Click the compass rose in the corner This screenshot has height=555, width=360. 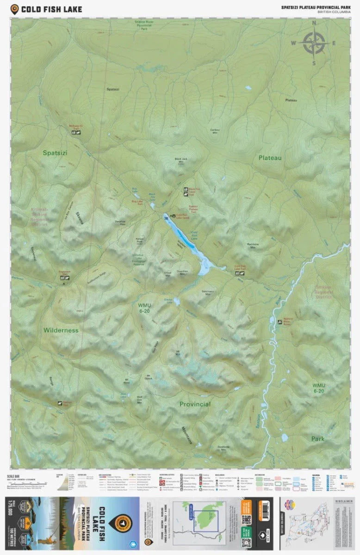coord(313,43)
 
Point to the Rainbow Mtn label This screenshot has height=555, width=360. coord(253,246)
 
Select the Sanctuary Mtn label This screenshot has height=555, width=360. coord(208,292)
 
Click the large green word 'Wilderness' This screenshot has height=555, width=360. coord(61,330)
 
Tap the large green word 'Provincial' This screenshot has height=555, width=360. coord(195,404)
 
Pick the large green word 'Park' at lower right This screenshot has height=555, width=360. coord(317,438)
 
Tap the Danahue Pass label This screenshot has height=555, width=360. coord(120,222)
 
